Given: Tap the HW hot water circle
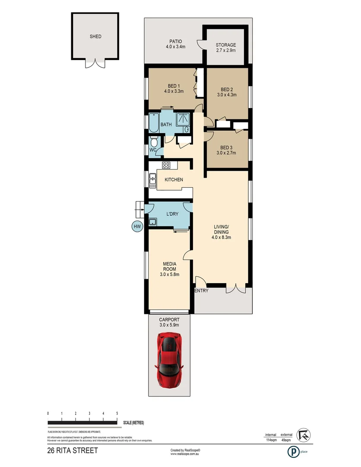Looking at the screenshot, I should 137,226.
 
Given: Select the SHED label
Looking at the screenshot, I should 95,37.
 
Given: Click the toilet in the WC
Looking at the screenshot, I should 154,142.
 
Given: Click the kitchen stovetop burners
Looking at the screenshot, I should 167,165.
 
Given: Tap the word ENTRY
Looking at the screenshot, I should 201,291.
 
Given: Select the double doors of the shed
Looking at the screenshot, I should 95,64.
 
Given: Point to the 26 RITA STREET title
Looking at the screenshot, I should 73,451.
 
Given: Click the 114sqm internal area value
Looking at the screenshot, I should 271,441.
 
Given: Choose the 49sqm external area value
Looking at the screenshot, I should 286,441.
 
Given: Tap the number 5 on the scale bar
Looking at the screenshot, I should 117,414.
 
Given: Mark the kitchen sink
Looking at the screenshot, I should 152,180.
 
